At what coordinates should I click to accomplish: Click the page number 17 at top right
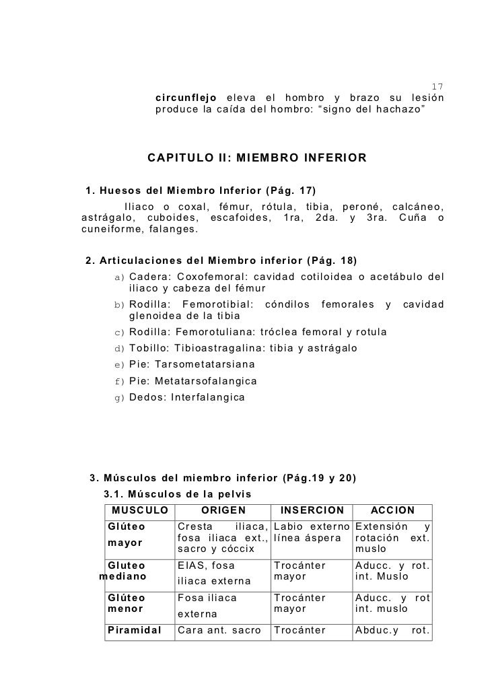(437, 87)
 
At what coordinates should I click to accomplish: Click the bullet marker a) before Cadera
(120, 277)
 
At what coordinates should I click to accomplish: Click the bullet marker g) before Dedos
(120, 397)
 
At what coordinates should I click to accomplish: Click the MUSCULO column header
(140, 511)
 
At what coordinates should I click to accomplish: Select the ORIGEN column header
(223, 511)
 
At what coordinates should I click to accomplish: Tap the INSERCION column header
(312, 511)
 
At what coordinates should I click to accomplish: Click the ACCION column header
(392, 511)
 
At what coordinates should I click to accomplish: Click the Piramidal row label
(134, 631)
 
